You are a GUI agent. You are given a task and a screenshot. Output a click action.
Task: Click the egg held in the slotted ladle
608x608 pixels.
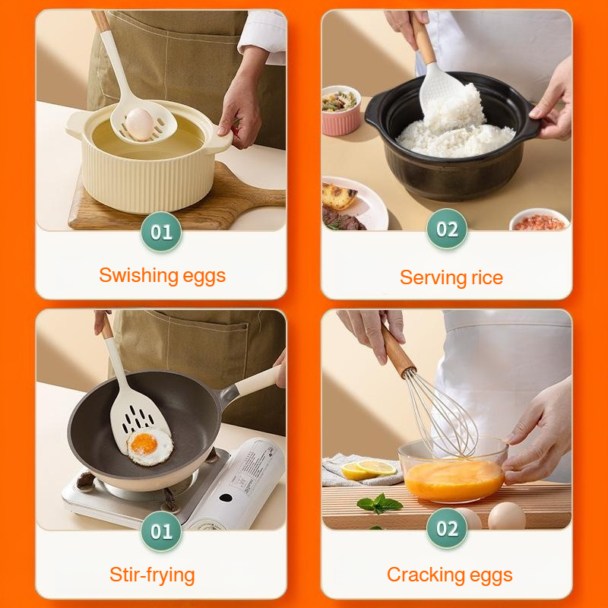(x=141, y=123)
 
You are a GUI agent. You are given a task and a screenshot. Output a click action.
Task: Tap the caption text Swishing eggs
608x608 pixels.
(x=162, y=275)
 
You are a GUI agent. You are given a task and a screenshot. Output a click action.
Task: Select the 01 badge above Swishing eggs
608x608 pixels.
(x=161, y=232)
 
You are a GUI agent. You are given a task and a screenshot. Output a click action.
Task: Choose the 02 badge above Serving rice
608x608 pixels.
(x=447, y=230)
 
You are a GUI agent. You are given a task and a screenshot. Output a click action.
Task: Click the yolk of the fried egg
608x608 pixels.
(x=143, y=444)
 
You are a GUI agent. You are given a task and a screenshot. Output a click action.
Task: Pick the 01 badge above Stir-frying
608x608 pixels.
(x=161, y=531)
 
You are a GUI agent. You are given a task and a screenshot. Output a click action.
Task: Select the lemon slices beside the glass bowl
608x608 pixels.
(x=369, y=470)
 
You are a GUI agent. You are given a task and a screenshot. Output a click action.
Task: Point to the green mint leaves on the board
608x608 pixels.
(x=379, y=502)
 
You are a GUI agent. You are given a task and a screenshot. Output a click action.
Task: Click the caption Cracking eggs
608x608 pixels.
(x=450, y=575)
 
